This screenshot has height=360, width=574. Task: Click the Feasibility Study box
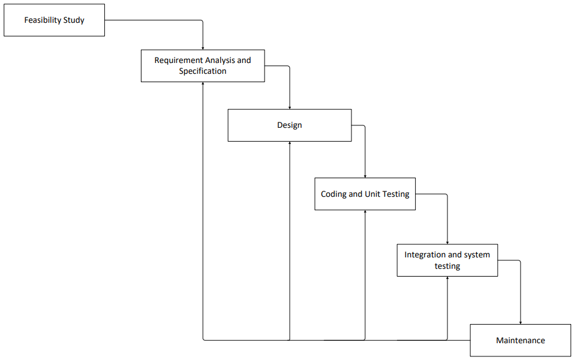pos(54,20)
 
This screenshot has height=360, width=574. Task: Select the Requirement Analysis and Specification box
pos(203,66)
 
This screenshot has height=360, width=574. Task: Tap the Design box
pos(290,125)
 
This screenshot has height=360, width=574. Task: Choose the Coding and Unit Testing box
pos(365,194)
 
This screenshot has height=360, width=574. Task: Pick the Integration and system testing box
pos(447,260)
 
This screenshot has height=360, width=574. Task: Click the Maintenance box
pos(520,340)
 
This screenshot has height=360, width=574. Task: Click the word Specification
pos(203,71)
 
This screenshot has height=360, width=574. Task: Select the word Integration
pos(425,254)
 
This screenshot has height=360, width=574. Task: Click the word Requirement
pos(178,61)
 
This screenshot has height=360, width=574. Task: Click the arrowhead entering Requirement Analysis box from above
pos(203,47)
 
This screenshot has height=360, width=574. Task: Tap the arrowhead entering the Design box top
pos(290,107)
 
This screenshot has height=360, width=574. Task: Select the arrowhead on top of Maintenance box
pos(520,322)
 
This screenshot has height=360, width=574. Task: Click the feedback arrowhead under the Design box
pos(290,144)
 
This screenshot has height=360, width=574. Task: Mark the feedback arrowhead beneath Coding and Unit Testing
pos(365,212)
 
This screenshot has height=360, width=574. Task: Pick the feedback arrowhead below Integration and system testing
pos(447,279)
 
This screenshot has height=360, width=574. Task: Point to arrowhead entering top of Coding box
pos(365,176)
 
